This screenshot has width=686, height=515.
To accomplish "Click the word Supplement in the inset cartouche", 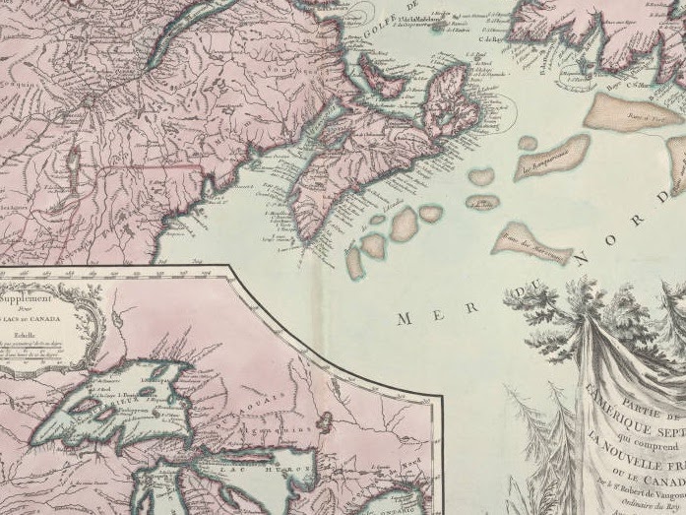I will [x=27, y=294].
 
